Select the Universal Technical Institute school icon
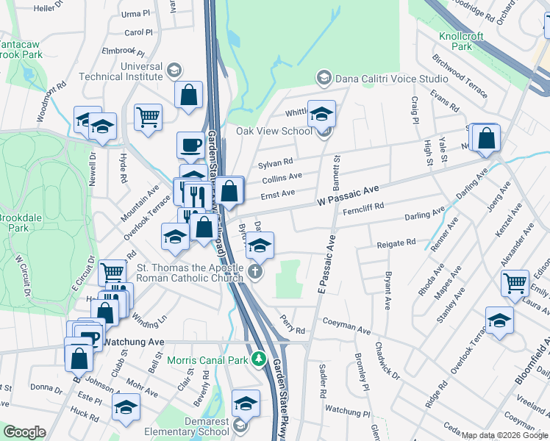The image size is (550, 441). pos(174,71)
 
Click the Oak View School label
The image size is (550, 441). pos(274,132)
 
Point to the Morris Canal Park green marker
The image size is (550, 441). pos(258,359)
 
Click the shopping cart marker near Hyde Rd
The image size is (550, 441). pos(148,116)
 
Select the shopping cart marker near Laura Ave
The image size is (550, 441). pos(515,282)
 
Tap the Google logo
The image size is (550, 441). pos(24,432)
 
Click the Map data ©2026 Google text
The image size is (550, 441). pos(504,435)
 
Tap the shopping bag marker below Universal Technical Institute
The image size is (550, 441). pos(189,94)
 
